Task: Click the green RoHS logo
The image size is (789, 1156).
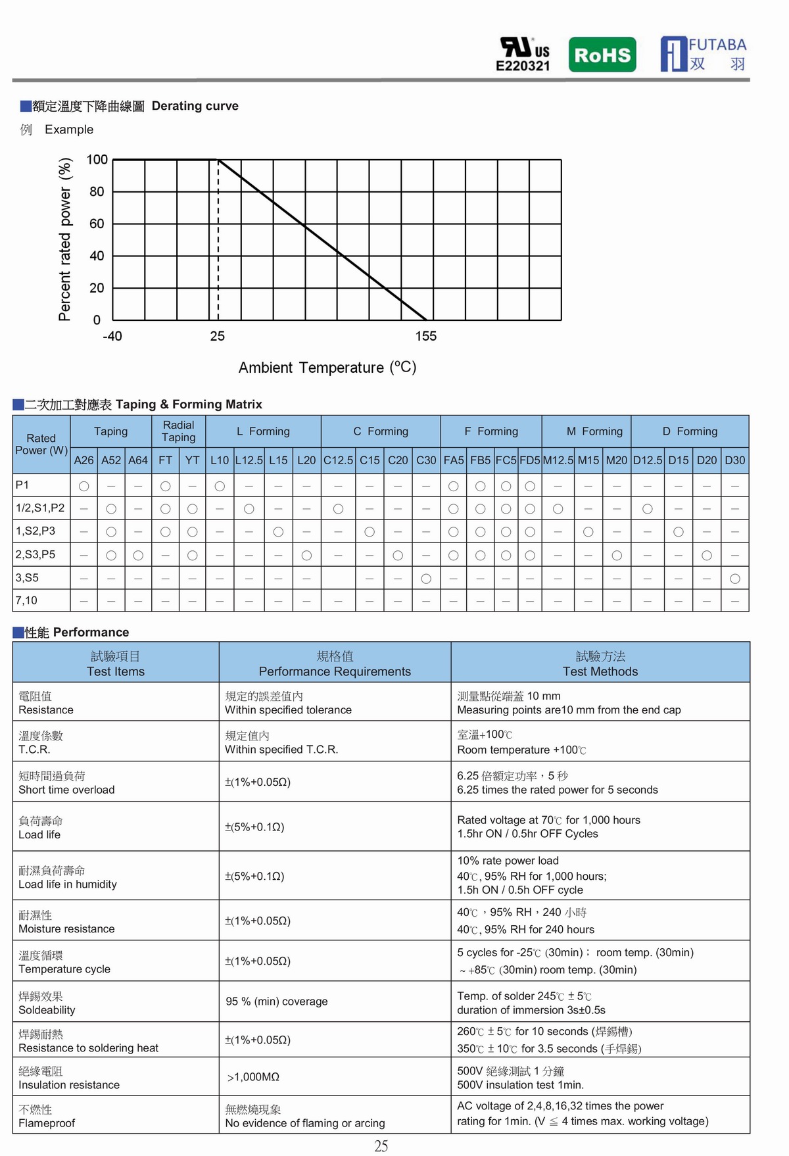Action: [x=602, y=55]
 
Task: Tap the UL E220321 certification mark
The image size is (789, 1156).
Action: [x=523, y=54]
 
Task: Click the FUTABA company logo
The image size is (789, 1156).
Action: [x=703, y=54]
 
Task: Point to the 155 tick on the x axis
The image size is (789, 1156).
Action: [x=425, y=336]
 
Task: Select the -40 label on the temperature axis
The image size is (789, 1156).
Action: [x=112, y=336]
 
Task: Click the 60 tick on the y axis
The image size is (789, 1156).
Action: [x=97, y=224]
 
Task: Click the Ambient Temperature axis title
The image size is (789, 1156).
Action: [x=327, y=367]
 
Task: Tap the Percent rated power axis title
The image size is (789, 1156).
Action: [x=64, y=239]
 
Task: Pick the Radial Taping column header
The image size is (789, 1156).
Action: [x=178, y=431]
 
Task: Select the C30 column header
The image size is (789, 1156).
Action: [x=426, y=460]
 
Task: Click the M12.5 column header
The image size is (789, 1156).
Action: [x=558, y=460]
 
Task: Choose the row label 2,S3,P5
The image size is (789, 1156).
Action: [x=36, y=554]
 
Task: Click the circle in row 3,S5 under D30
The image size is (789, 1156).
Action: [x=735, y=579]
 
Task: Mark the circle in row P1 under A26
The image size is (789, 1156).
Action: [x=84, y=486]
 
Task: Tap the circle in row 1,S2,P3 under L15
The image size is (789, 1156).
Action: [x=278, y=531]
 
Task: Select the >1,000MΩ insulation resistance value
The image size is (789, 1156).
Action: [x=253, y=1076]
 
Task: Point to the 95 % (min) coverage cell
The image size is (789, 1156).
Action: [x=276, y=1001]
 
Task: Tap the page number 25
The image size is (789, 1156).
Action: [x=381, y=1145]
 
